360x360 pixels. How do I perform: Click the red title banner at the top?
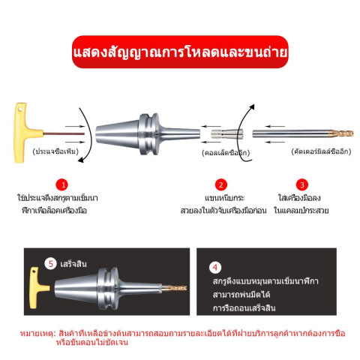[x=180, y=52]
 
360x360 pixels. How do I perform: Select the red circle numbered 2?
[x=221, y=185]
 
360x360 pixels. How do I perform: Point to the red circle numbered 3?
[x=302, y=185]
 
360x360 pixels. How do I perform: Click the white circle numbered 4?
[x=215, y=268]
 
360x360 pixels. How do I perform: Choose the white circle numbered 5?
[x=51, y=264]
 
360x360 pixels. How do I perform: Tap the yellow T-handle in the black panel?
[x=37, y=288]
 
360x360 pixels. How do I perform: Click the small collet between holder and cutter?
[x=227, y=134]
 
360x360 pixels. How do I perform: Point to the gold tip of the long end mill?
[x=341, y=133]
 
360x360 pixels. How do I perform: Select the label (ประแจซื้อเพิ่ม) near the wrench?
[x=55, y=151]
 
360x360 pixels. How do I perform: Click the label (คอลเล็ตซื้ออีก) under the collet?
[x=226, y=153]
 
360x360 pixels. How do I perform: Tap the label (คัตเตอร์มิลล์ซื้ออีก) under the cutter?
[x=321, y=151]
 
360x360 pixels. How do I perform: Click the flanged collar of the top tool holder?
[x=149, y=134]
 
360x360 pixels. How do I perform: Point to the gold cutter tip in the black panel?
[x=175, y=288]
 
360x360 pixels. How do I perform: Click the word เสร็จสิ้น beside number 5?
[x=73, y=264]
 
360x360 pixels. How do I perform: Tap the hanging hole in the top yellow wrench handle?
[x=20, y=109]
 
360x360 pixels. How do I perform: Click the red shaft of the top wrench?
[x=64, y=134]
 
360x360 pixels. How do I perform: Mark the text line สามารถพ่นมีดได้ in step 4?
[x=241, y=295]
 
